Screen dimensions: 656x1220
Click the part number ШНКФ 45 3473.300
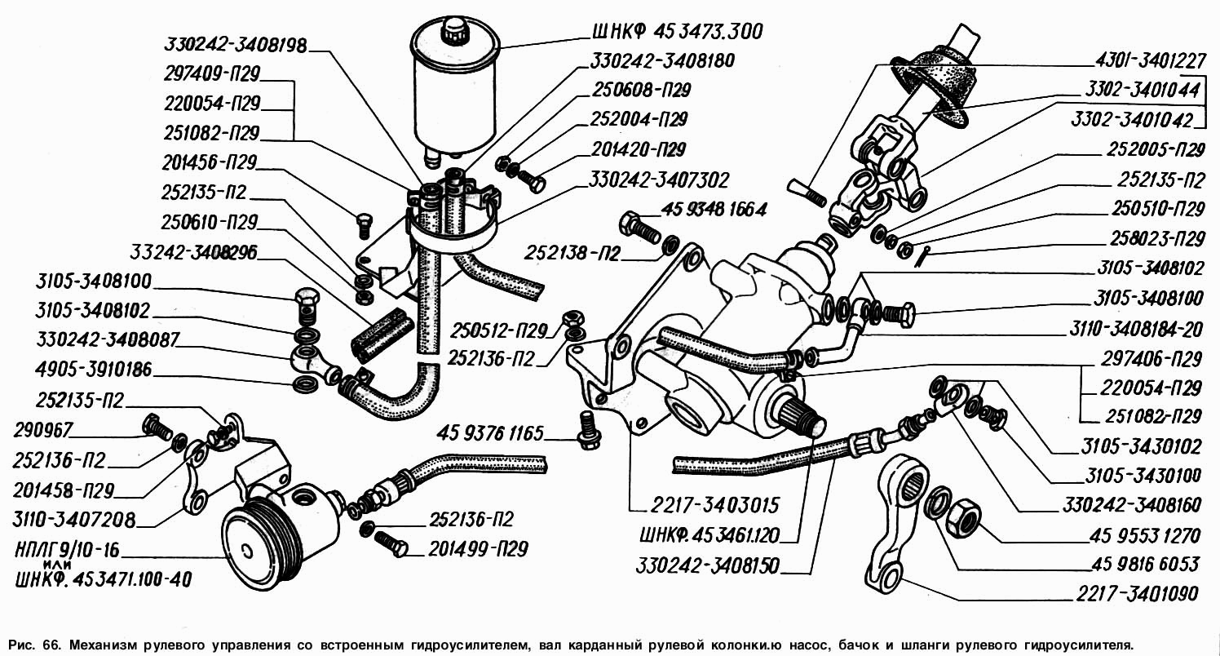tap(674, 33)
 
